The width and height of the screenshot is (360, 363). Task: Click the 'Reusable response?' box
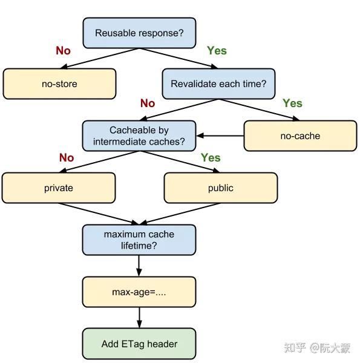click(139, 33)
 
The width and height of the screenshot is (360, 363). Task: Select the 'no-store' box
click(59, 84)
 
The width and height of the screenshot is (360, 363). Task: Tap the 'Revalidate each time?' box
click(218, 84)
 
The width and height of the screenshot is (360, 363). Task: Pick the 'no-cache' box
click(300, 136)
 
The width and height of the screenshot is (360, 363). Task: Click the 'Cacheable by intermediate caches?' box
click(139, 136)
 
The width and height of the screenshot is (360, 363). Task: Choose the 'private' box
click(59, 188)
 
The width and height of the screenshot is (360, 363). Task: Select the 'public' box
click(220, 188)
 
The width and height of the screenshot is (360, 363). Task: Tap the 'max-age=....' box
click(139, 292)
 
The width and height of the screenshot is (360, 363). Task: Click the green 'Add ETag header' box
click(139, 344)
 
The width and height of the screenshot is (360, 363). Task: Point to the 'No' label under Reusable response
click(64, 51)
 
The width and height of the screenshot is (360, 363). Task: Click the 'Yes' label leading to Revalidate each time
click(217, 51)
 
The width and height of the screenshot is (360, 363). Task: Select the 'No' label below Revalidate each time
click(148, 103)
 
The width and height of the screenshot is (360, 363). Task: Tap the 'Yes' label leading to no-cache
click(292, 103)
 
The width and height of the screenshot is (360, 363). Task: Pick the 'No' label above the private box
click(67, 158)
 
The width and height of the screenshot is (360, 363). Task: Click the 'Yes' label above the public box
click(211, 158)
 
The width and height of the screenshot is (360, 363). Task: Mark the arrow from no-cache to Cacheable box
click(220, 136)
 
